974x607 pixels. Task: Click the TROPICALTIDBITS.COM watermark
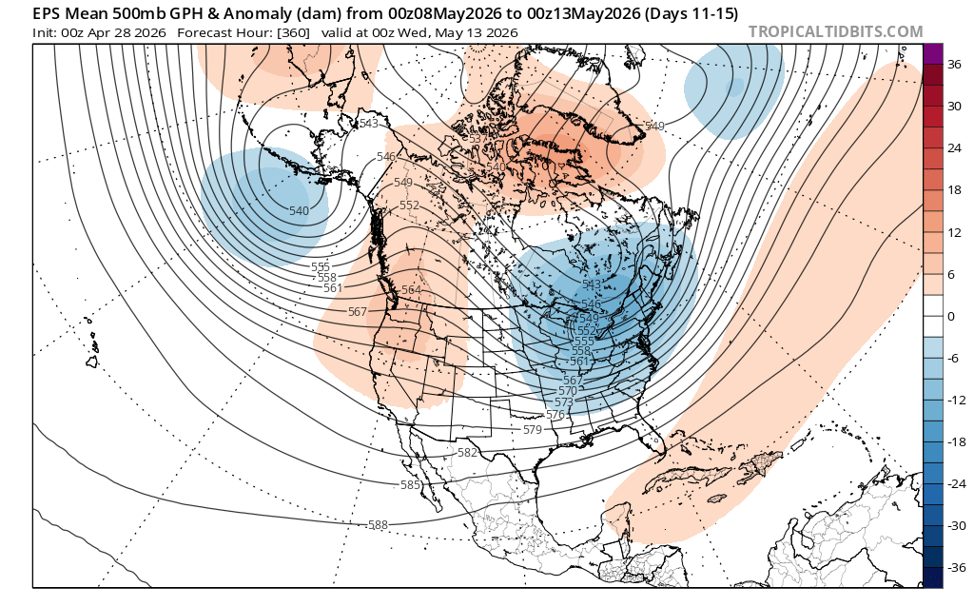[x=835, y=31]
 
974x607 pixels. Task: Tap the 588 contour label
[x=378, y=524]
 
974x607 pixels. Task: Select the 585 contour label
[x=410, y=485]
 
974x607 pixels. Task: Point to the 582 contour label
[x=467, y=453]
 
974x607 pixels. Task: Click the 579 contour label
[x=532, y=430]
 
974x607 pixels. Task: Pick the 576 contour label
[x=556, y=415]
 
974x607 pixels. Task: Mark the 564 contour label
[x=411, y=290]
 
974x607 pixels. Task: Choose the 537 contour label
[x=478, y=139]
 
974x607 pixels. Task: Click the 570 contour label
[x=568, y=391]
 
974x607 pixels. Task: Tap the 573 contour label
[x=564, y=403]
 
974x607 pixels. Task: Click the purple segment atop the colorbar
[x=932, y=54]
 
